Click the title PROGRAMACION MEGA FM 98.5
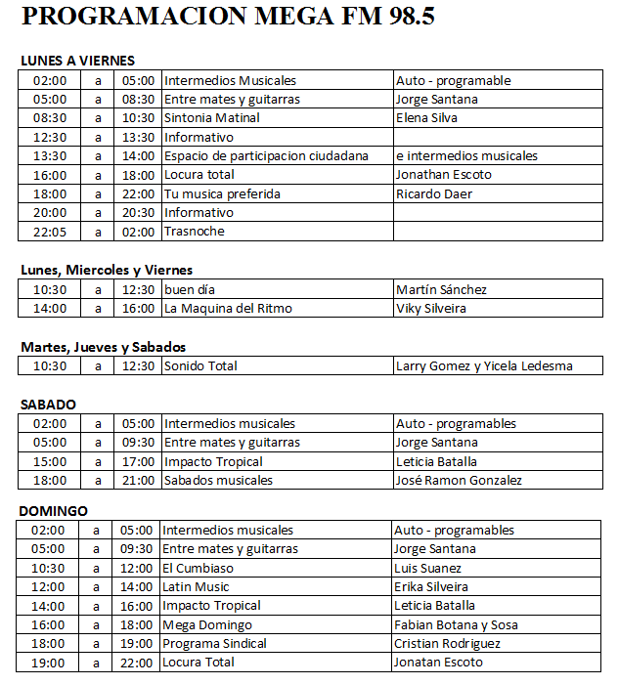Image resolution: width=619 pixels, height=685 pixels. (228, 18)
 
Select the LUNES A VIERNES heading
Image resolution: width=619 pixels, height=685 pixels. (77, 61)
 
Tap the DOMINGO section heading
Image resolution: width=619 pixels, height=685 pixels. (54, 511)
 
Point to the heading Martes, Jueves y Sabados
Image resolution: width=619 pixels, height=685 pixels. (103, 347)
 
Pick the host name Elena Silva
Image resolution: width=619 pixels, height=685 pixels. (426, 118)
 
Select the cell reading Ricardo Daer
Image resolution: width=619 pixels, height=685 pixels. (434, 193)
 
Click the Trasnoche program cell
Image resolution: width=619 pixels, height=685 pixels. (195, 232)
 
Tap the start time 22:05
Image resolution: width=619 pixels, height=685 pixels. (50, 232)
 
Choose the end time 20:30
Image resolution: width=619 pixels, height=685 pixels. (138, 212)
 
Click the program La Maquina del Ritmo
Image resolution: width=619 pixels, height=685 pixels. (228, 308)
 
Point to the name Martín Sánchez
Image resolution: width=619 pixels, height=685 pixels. (441, 289)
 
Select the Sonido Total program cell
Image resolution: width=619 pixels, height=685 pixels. (200, 366)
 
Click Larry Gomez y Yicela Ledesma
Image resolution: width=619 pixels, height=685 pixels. (484, 366)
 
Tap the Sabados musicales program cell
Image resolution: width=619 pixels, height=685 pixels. (219, 480)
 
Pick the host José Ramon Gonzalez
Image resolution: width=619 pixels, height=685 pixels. (459, 480)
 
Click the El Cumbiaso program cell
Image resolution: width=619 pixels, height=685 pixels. (198, 568)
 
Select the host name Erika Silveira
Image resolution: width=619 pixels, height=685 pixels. (431, 587)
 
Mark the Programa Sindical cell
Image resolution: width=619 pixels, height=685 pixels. (214, 644)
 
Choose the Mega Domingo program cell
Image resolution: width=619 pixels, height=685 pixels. (207, 624)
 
